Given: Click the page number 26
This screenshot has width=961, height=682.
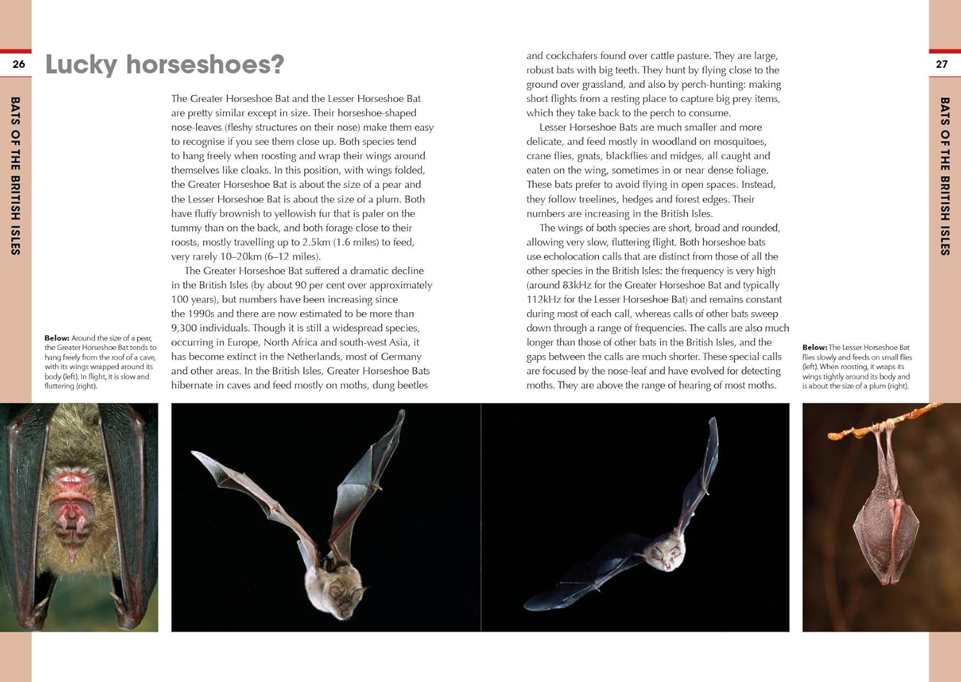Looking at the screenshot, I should pos(19,64).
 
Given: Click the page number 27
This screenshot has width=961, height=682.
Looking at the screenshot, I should pos(941,64).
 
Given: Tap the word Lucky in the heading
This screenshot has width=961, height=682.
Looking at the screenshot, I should pos(81,65).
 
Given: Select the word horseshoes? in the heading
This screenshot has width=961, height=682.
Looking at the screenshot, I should pos(205,65).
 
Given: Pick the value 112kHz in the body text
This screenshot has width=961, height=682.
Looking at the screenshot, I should pos(543,299).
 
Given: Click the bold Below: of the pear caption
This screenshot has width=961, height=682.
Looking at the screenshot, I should pos(56,338).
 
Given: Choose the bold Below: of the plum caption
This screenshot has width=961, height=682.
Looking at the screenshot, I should pos(814,347).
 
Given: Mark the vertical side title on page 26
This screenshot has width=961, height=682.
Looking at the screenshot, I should pos(15,176).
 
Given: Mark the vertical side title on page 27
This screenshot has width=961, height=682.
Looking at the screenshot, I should pos(944,176).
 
